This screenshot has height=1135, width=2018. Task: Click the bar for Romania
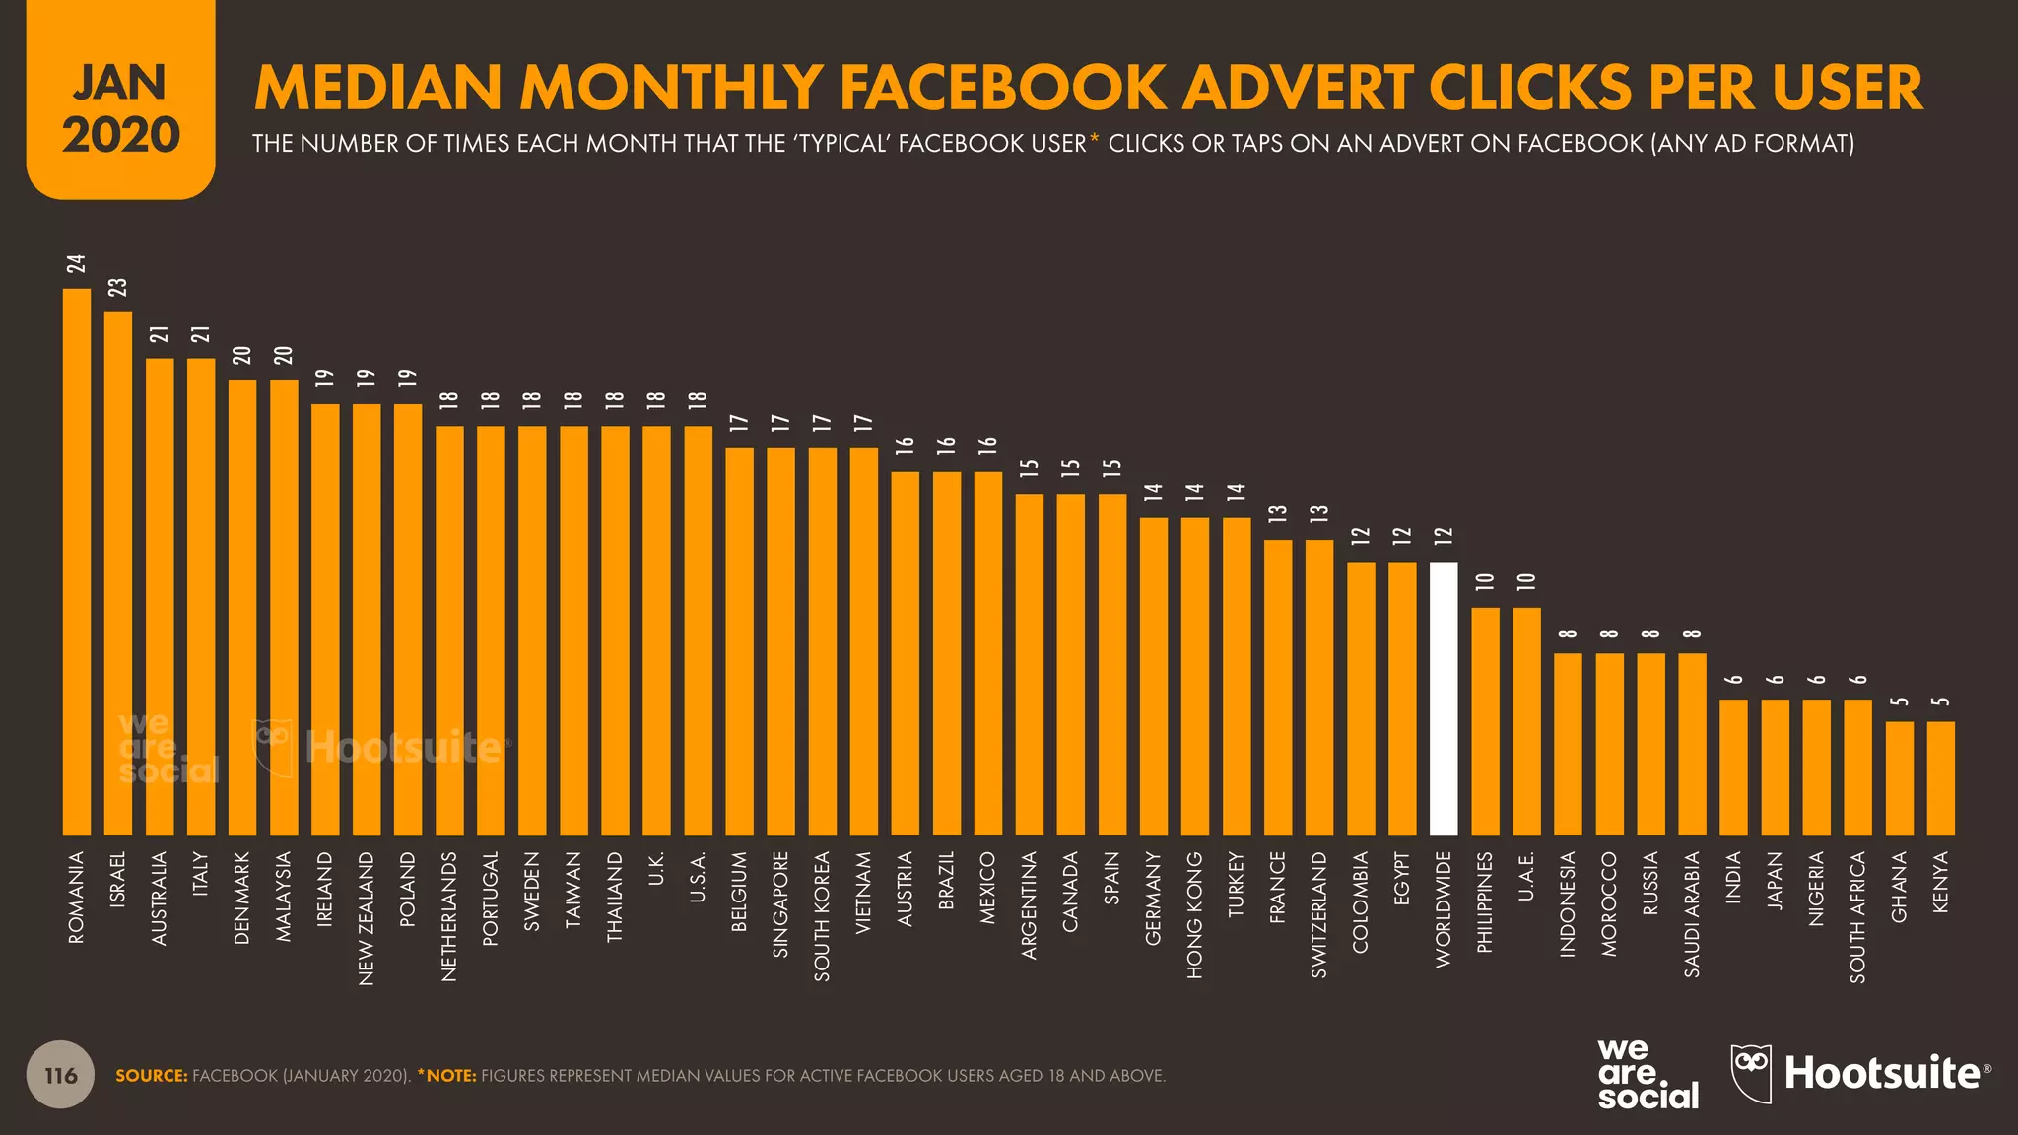(77, 562)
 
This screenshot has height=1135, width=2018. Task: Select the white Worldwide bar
(1444, 699)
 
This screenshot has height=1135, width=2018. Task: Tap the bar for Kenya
(1940, 778)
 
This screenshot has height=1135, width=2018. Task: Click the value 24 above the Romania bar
(77, 264)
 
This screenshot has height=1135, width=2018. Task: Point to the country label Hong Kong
(1195, 915)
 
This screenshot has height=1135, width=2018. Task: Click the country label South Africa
(1858, 917)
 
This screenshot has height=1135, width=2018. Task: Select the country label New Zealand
(367, 918)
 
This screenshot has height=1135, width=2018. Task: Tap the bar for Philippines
(1485, 721)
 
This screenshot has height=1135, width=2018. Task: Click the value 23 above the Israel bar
(118, 288)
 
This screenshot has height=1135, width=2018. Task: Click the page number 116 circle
(60, 1075)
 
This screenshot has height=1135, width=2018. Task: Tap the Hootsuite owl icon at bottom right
(1751, 1073)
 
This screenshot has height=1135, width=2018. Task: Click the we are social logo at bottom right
(1647, 1074)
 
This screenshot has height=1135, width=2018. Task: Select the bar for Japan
(1775, 768)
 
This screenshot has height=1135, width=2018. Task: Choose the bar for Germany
(1154, 676)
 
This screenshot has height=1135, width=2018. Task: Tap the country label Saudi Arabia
(1693, 915)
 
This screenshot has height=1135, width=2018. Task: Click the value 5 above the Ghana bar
(1900, 701)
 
